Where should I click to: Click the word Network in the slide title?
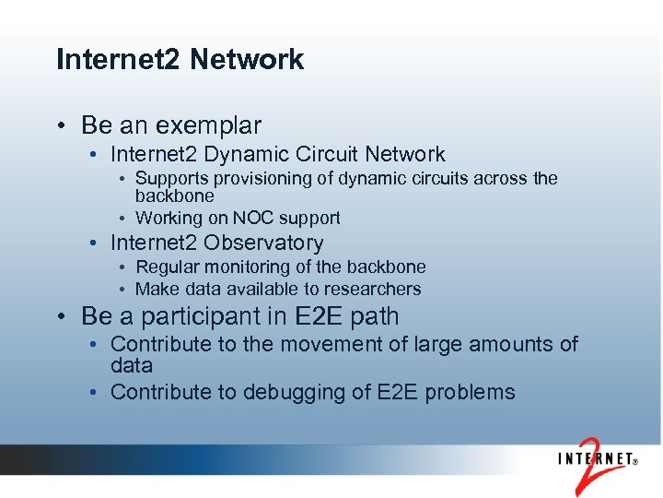247,60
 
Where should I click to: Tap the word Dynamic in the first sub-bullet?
254,155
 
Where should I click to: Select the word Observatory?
263,243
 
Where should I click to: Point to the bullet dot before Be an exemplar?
60,126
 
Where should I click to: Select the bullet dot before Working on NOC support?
122,219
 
